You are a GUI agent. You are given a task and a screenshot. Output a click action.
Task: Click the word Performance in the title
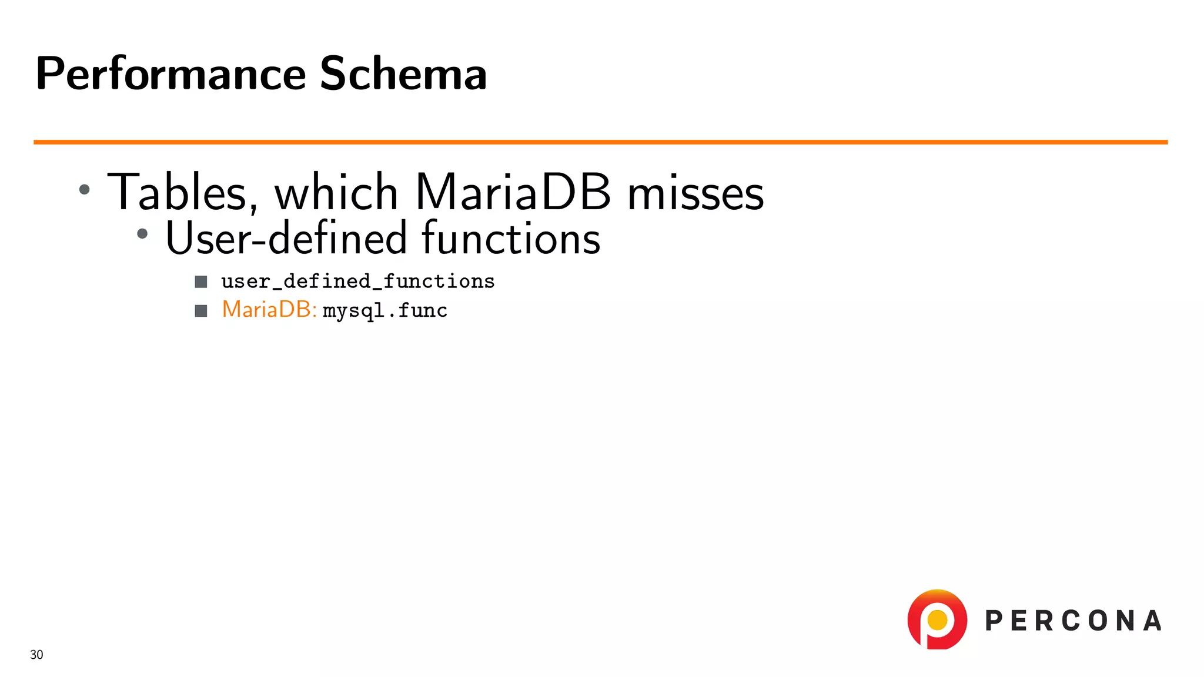coord(170,75)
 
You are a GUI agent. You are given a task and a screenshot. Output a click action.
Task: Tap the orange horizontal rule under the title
coord(600,142)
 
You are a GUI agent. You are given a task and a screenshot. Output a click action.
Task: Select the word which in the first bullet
coord(336,193)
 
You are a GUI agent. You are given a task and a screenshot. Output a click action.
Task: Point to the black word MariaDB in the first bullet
coord(513,193)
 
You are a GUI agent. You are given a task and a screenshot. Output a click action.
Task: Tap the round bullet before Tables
coord(85,189)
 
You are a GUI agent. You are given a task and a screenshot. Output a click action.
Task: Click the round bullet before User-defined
coord(142,234)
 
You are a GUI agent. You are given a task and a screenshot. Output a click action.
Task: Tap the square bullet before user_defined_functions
coord(201,282)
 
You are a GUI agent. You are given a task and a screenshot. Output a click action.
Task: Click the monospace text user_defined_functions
coord(357,282)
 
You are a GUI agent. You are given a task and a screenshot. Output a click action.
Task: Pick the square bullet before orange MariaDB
coord(201,311)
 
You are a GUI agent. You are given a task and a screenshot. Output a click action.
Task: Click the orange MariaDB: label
coord(269,310)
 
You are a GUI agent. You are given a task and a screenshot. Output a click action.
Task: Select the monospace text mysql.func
coord(385,311)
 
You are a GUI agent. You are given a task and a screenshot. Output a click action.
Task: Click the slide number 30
coord(36,655)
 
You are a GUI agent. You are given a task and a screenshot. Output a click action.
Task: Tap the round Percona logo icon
coord(937,619)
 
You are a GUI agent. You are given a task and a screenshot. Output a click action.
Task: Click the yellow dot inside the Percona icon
coord(937,619)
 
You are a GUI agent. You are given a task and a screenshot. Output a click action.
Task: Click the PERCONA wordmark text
coord(1073,621)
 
